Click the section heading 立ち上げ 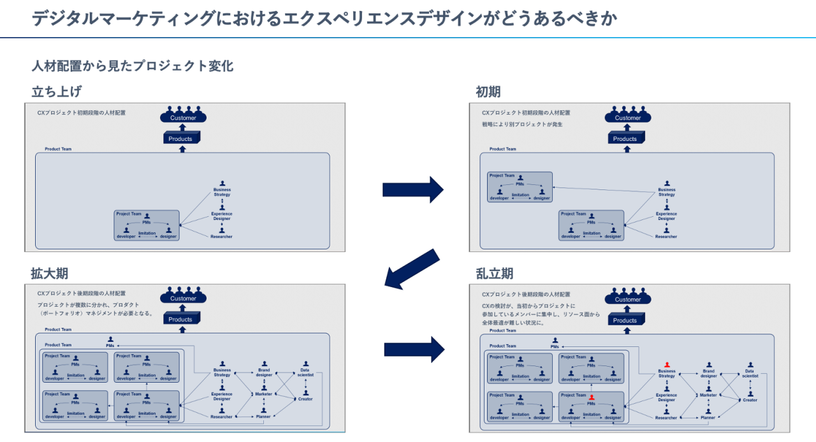(57, 91)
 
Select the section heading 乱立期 (494, 274)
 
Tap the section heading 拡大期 (49, 274)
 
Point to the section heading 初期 (488, 91)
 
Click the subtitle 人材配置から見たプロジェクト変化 (133, 66)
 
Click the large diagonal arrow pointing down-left (412, 270)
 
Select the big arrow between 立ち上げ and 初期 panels (412, 189)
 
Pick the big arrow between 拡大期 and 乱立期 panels (414, 350)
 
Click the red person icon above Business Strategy (667, 365)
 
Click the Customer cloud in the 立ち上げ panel (183, 115)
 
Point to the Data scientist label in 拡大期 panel (305, 372)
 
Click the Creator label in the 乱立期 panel (750, 400)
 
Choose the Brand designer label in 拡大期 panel (264, 372)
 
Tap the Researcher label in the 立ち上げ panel (221, 237)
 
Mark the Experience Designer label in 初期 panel (667, 216)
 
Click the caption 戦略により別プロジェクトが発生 (522, 124)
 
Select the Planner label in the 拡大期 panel (263, 416)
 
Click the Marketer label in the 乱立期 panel (708, 395)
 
